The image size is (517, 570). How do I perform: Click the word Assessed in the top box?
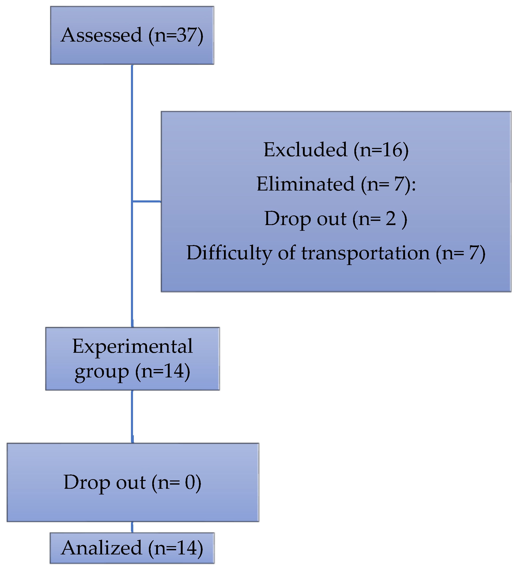tap(101, 35)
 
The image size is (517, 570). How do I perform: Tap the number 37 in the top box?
tap(186, 35)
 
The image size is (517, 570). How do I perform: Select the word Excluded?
tap(305, 150)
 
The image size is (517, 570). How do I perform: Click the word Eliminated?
tap(305, 184)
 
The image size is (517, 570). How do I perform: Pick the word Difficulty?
tap(229, 253)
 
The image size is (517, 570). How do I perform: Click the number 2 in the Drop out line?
tap(390, 219)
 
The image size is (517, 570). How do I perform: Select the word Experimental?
tap(132, 346)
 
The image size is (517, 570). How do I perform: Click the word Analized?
tap(101, 548)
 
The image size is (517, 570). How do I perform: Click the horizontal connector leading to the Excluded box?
tap(147, 201)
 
